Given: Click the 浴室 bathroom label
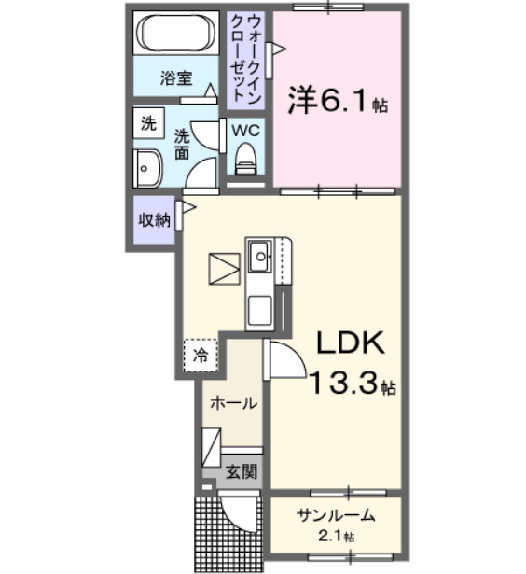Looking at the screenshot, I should (x=175, y=78).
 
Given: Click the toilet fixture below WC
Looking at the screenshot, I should (x=246, y=159).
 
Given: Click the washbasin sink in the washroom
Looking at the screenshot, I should (x=148, y=169).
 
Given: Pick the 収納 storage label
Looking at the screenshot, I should (x=154, y=220).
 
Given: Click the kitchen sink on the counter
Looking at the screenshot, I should (x=259, y=255).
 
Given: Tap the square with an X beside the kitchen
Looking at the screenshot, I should (x=224, y=269).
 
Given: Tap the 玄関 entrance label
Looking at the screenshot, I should (x=239, y=472).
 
